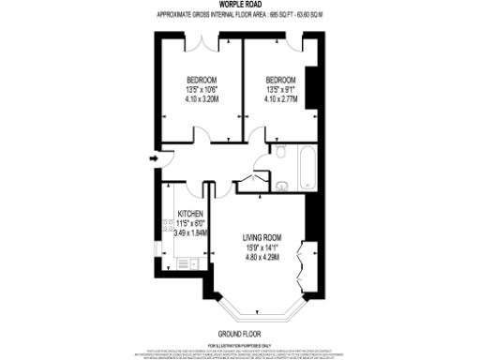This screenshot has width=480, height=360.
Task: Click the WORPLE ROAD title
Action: pos(239,6)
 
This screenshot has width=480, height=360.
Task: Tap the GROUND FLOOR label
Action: pos(239,334)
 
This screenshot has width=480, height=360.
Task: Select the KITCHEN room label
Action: pos(190,213)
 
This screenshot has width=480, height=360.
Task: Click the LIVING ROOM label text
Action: pos(263,237)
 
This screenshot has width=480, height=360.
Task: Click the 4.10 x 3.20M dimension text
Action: pos(202,98)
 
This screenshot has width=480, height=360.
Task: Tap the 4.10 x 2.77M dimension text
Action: pos(280,98)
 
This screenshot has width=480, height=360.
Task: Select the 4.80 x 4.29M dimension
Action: pos(263,258)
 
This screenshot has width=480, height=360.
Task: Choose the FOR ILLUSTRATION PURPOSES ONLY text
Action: pos(239,346)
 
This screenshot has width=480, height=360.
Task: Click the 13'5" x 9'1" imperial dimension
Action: pos(280,89)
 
